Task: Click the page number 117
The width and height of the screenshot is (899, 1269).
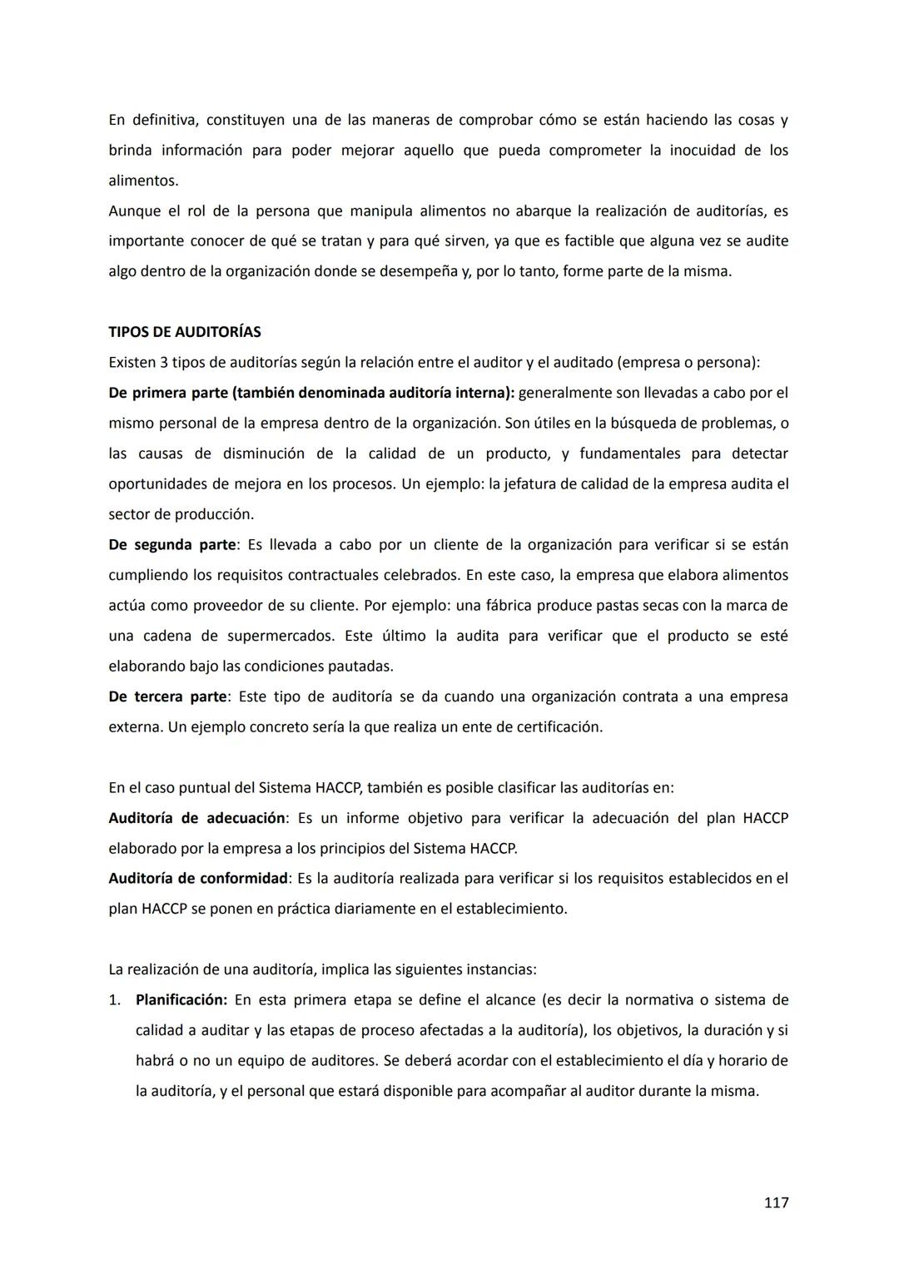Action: [x=776, y=1202]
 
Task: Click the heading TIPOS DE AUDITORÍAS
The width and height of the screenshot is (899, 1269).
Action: [x=184, y=332]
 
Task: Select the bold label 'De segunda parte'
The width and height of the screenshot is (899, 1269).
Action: [x=172, y=545]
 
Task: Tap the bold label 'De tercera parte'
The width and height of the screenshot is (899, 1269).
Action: [x=167, y=696]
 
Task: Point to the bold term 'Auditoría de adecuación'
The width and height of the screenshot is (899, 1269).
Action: [x=196, y=818]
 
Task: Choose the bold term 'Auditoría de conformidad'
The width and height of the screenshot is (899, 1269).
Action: [x=198, y=879]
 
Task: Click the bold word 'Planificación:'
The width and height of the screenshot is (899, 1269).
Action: [x=181, y=1000]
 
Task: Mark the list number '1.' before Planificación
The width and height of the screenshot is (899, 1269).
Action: [x=115, y=1000]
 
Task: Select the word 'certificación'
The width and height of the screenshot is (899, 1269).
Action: [x=559, y=727]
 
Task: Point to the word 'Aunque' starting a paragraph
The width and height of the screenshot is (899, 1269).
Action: [x=132, y=211]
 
